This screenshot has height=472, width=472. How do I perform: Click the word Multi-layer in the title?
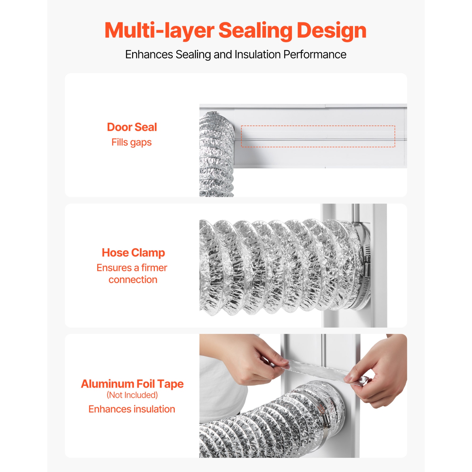point(159,31)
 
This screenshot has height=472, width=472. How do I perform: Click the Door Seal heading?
point(132,127)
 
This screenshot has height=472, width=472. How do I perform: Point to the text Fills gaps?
point(132,142)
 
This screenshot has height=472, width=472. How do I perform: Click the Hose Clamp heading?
point(133,253)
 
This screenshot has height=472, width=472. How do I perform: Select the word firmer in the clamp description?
point(154,268)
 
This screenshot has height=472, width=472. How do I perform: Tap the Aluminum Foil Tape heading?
point(132,384)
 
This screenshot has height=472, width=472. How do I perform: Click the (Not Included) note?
point(132,395)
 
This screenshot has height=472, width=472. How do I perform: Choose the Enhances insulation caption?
point(132,409)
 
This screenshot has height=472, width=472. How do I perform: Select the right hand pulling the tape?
point(382,374)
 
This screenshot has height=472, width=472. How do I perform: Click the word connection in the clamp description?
point(133,280)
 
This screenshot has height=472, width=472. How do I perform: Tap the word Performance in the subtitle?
point(315,54)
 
